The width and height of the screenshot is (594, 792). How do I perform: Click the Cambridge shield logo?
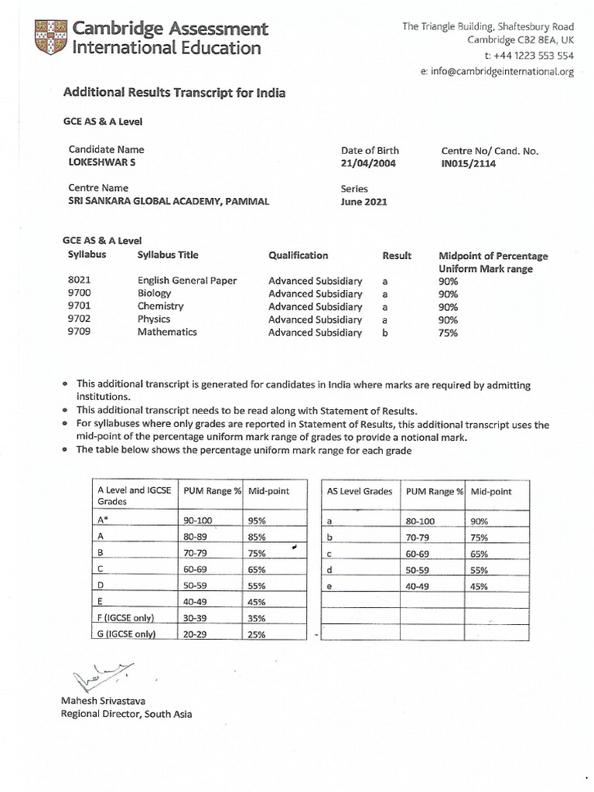pyautogui.click(x=50, y=38)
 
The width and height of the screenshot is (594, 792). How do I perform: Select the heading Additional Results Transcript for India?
pyautogui.click(x=174, y=93)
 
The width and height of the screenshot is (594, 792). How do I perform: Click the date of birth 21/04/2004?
pyautogui.click(x=368, y=164)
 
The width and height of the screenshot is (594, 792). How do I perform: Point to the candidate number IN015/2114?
pyautogui.click(x=469, y=164)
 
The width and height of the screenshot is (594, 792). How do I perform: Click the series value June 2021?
pyautogui.click(x=364, y=202)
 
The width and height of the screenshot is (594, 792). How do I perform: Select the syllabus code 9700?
pyautogui.click(x=80, y=294)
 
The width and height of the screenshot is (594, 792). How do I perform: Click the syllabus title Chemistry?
pyautogui.click(x=160, y=306)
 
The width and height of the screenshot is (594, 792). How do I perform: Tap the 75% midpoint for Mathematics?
pyautogui.click(x=448, y=333)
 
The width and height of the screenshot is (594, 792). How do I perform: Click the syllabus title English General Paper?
pyautogui.click(x=187, y=281)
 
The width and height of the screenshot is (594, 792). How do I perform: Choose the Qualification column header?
pyautogui.click(x=298, y=255)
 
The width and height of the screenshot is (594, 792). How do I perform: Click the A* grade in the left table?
pyautogui.click(x=103, y=521)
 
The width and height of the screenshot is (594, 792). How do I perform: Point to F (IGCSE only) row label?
pyautogui.click(x=125, y=617)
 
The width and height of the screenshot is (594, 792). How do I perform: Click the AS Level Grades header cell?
pyautogui.click(x=360, y=492)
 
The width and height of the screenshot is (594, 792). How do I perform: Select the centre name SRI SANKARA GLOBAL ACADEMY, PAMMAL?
pyautogui.click(x=169, y=202)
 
